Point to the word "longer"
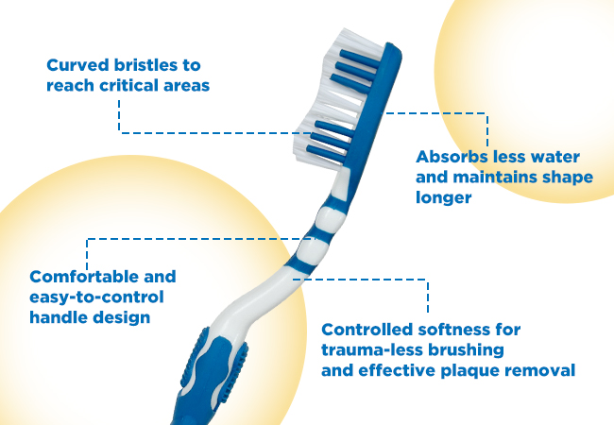(x=443, y=198)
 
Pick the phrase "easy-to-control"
(x=96, y=297)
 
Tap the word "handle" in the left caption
(x=56, y=317)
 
